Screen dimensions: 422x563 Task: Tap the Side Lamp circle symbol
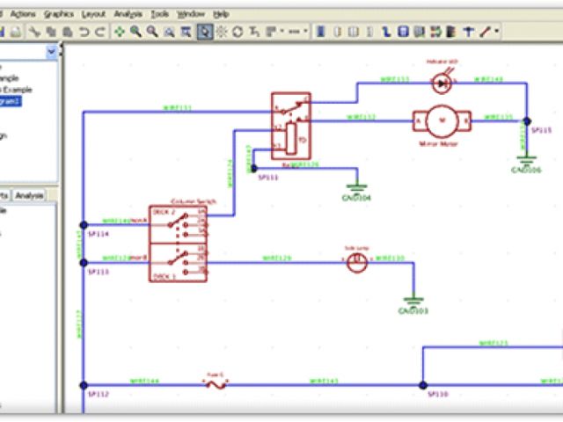click(355, 265)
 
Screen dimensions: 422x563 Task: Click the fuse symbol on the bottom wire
click(216, 384)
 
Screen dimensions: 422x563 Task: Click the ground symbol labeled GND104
click(356, 187)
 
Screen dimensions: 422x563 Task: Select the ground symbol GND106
click(526, 160)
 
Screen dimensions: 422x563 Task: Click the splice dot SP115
click(526, 120)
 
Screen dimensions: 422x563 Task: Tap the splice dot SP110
click(422, 385)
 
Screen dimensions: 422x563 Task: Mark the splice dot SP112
click(84, 385)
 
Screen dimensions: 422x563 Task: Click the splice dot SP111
click(253, 166)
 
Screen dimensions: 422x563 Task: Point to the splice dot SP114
click(84, 224)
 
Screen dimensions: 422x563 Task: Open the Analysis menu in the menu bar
click(128, 15)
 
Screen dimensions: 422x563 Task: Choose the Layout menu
click(92, 15)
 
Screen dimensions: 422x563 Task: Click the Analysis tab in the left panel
click(29, 195)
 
